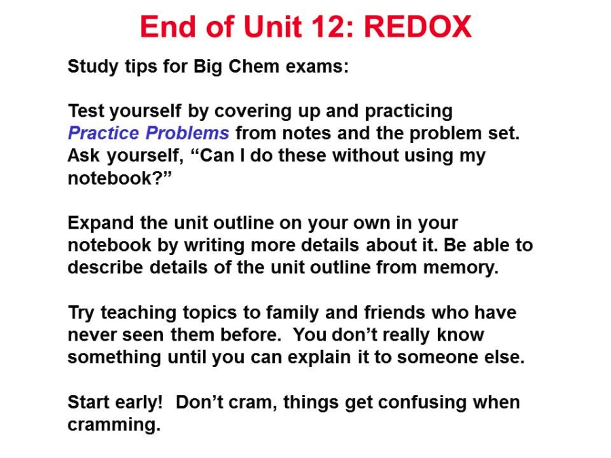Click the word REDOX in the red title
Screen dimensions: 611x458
418,27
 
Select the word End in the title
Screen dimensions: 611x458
168,27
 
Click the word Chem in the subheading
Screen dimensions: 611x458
254,66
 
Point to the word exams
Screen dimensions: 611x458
317,66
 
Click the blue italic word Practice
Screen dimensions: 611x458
103,133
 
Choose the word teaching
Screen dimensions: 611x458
138,313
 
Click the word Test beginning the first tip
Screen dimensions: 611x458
86,111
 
